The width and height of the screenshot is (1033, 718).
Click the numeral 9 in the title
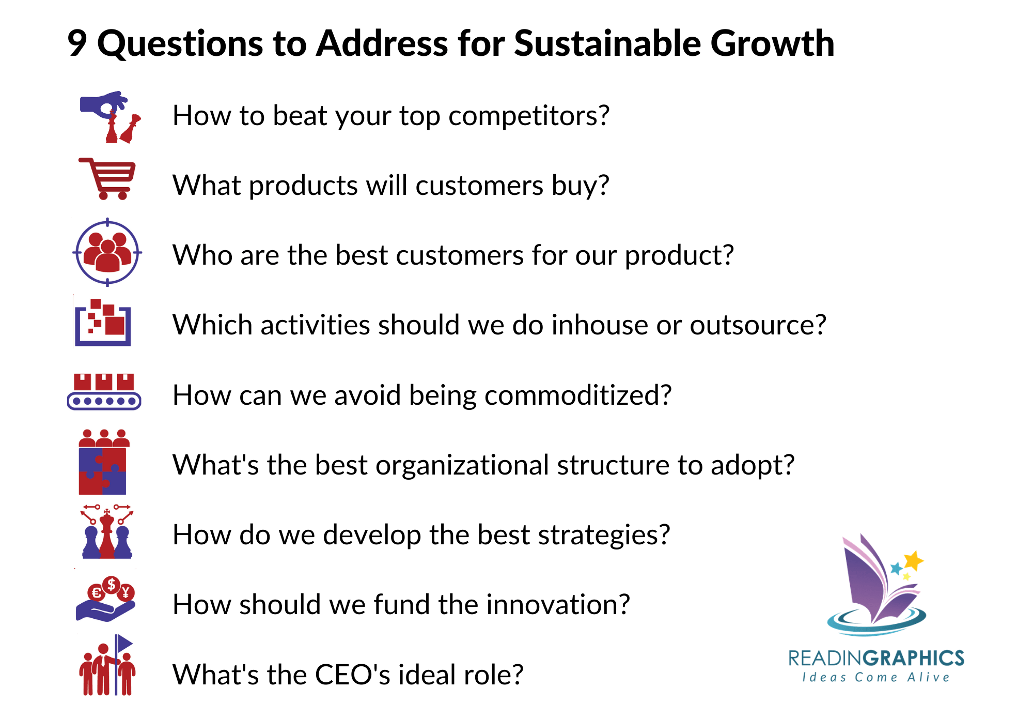click(x=77, y=43)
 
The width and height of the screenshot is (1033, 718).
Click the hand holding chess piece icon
click(x=110, y=117)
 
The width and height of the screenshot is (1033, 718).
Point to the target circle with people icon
click(x=107, y=252)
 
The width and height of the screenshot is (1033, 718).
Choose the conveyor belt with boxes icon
click(x=104, y=391)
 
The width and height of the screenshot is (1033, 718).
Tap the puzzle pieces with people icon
click(x=103, y=462)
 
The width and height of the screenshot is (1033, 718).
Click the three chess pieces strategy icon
click(x=107, y=532)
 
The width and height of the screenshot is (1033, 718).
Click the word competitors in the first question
click(x=528, y=116)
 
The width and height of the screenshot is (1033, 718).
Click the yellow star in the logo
click(x=913, y=560)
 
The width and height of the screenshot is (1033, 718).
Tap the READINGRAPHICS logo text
click(x=876, y=658)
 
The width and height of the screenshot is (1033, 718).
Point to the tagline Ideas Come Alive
click(x=876, y=678)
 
